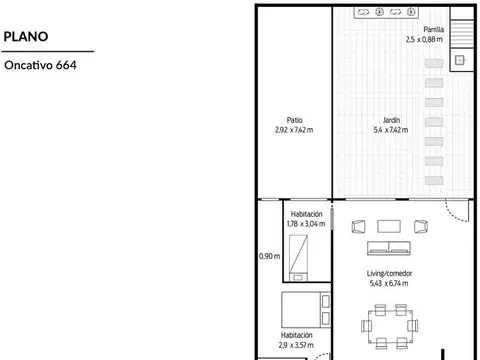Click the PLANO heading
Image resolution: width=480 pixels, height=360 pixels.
tap(26, 36)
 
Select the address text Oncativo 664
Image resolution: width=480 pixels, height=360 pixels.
tap(40, 65)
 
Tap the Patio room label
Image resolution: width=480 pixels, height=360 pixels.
tap(295, 120)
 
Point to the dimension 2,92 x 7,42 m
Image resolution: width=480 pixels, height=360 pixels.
tap(294, 130)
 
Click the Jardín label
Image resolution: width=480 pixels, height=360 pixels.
tap(391, 120)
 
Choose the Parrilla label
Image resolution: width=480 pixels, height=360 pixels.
tap(434, 29)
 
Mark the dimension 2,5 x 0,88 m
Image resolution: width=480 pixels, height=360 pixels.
tap(424, 39)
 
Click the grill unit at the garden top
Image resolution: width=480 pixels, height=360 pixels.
tap(386, 12)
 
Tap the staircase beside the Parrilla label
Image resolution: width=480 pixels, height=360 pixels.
tap(462, 34)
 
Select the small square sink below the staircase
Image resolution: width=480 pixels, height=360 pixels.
tap(460, 60)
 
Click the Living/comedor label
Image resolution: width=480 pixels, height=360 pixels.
tap(389, 273)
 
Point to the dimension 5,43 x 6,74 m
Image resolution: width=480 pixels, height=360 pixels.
tap(389, 283)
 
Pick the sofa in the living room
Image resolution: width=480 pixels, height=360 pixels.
tap(389, 248)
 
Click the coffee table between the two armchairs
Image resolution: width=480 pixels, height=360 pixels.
tap(389, 226)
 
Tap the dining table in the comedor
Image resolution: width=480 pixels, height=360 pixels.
tap(390, 327)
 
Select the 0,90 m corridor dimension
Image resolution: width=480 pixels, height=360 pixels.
tap(270, 256)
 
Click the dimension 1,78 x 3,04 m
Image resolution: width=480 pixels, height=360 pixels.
tap(306, 224)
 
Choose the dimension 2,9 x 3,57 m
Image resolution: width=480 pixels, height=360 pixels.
tap(296, 345)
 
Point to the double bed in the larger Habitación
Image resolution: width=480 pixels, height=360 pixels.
tap(306, 310)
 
